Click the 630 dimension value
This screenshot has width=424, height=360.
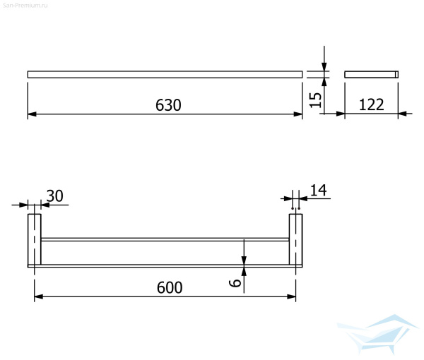pyautogui.click(x=168, y=105)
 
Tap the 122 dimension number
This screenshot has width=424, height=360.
pyautogui.click(x=371, y=104)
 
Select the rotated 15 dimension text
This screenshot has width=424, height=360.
pyautogui.click(x=315, y=100)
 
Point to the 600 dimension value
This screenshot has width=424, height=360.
pyautogui.click(x=170, y=287)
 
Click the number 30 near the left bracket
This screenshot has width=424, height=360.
pyautogui.click(x=55, y=196)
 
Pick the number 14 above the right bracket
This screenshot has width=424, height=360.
pyautogui.click(x=318, y=191)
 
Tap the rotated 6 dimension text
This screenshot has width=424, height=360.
pyautogui.click(x=235, y=283)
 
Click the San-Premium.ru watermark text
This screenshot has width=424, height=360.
pyautogui.click(x=25, y=6)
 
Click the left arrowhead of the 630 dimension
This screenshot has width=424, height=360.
pyautogui.click(x=32, y=114)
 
